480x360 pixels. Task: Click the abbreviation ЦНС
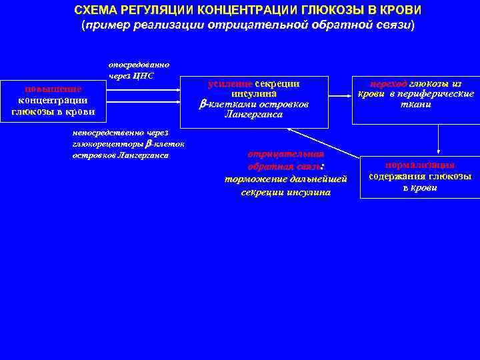tap(144, 75)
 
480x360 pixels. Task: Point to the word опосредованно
tap(139, 65)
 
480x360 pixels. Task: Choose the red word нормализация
tap(420, 165)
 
